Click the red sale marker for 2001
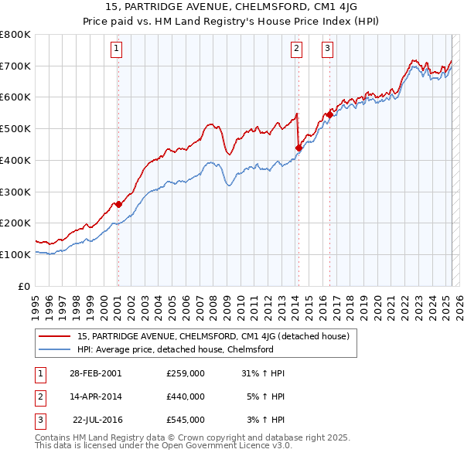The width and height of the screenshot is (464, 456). point(118,205)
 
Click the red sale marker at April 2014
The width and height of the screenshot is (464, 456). point(299,147)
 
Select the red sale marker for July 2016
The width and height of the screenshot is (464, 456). point(329,114)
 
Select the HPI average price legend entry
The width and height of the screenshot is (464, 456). point(176,349)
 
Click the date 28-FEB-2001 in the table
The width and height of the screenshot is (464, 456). point(95,373)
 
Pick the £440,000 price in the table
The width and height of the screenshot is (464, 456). point(186,396)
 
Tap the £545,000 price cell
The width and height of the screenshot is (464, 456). point(186,420)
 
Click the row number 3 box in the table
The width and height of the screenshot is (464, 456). point(38,420)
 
